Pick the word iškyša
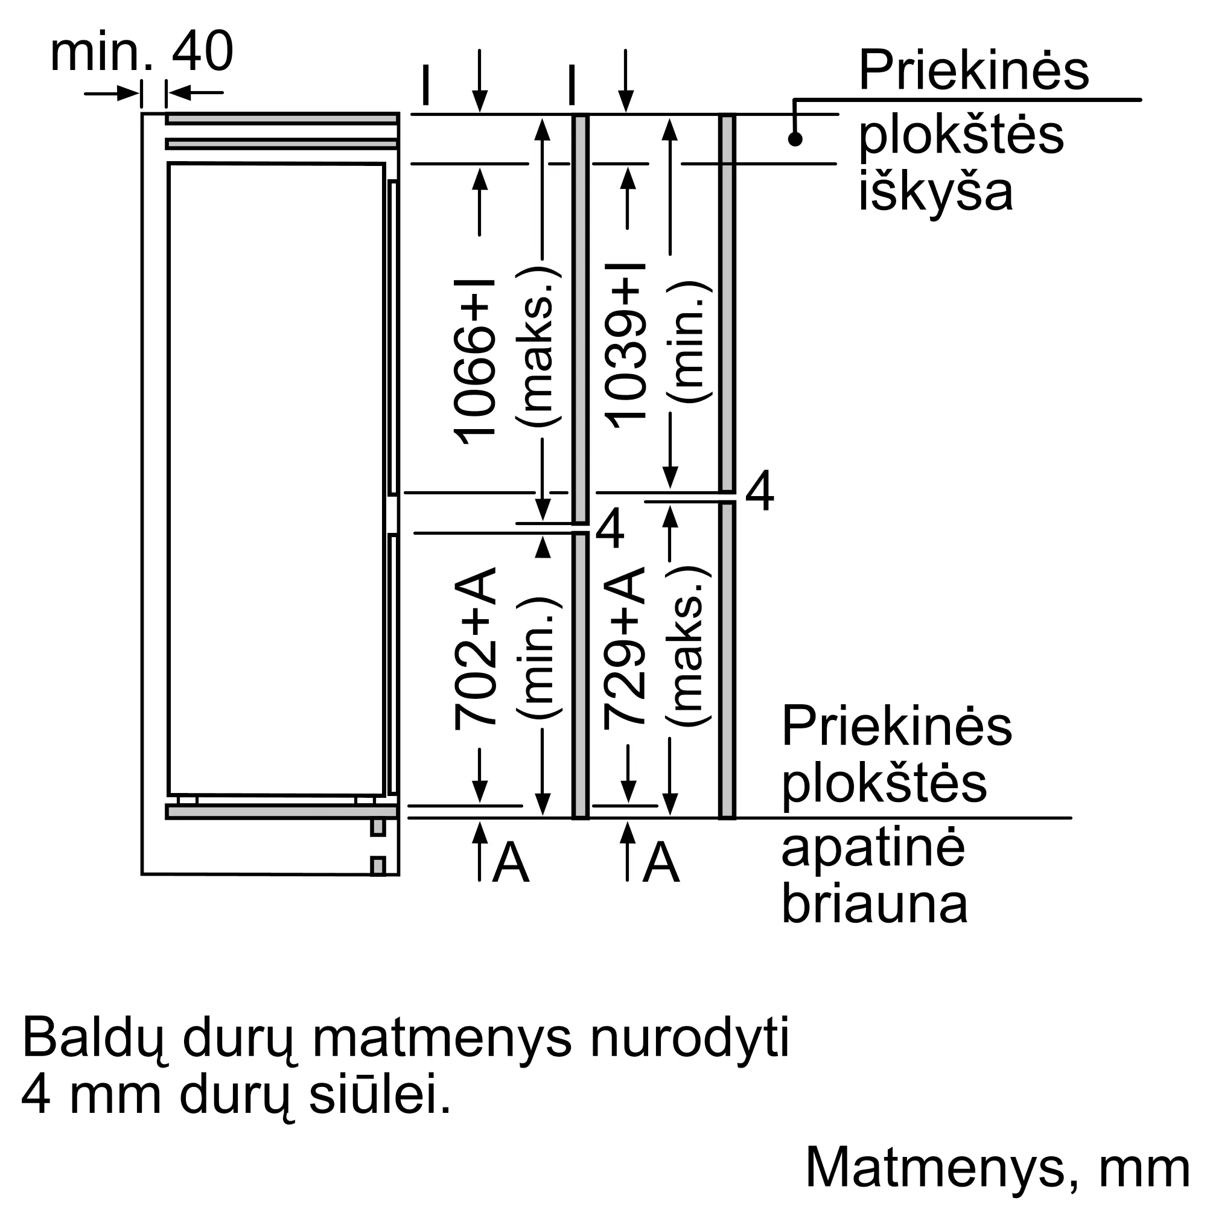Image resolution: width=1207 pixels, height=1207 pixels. pos(935,191)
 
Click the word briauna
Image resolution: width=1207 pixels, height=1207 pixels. pos(874,904)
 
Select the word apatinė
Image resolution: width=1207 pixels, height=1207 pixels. pos(873,849)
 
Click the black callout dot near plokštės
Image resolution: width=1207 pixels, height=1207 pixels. pos(795,139)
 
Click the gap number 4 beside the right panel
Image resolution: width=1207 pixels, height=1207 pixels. pos(760,492)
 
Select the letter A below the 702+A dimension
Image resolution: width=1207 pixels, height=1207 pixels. pos(511,863)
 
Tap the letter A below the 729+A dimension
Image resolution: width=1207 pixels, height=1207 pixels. pos(661,863)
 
